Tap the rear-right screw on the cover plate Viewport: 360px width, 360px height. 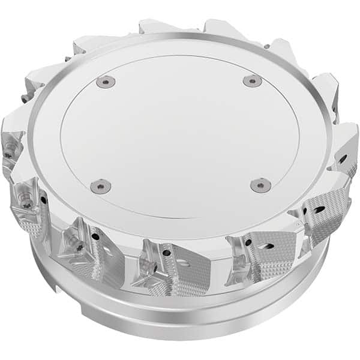(253, 80)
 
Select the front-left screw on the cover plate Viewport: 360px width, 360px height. (100, 186)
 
